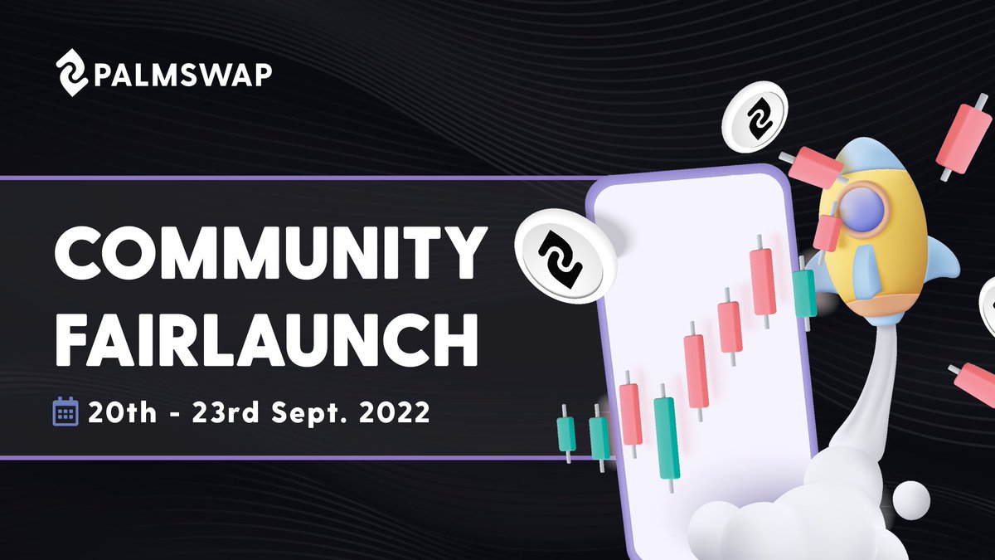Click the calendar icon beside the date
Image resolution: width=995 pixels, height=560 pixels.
[x=65, y=411]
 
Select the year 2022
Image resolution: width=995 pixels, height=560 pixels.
[x=393, y=411]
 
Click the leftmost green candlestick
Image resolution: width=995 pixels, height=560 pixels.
[x=566, y=434]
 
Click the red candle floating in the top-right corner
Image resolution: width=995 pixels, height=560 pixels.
[x=958, y=139]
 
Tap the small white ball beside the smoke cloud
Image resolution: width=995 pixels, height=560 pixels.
[x=911, y=499]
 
